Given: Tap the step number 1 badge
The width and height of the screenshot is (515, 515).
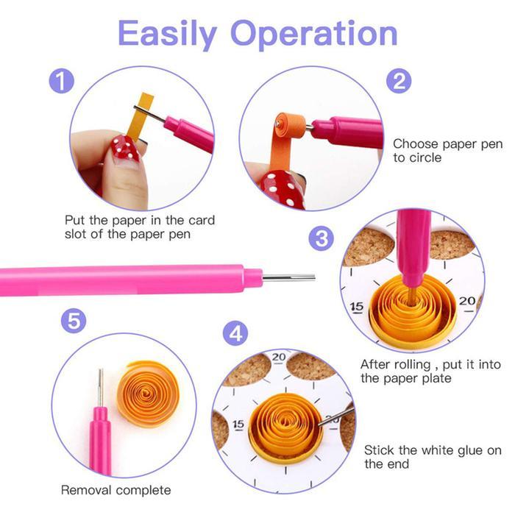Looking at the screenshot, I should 63,81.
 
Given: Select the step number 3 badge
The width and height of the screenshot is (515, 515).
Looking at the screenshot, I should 322,238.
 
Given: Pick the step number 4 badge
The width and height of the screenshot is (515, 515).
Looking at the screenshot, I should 235,333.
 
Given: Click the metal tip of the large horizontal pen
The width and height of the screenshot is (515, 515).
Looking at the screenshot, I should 288,278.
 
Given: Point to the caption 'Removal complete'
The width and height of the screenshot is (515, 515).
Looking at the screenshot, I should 116,490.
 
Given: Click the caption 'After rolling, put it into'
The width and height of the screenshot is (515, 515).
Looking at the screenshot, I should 430,371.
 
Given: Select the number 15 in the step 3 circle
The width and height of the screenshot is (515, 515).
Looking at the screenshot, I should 357,307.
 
